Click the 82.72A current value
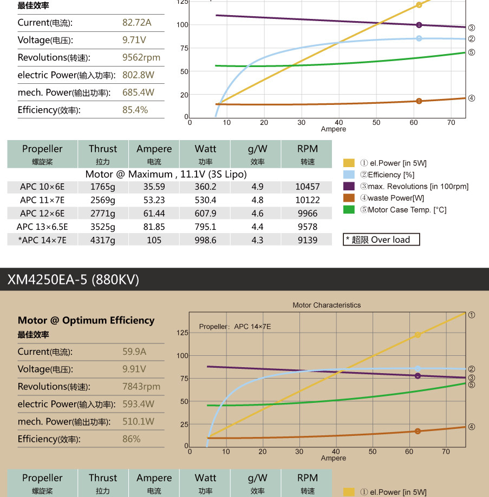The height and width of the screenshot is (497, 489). click(137, 23)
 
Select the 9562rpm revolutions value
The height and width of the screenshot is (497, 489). click(141, 57)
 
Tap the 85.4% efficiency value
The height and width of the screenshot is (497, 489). click(135, 110)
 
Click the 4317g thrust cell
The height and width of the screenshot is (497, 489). click(103, 240)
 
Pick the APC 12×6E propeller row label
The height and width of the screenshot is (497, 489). click(42, 213)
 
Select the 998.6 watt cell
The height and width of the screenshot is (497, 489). click(205, 240)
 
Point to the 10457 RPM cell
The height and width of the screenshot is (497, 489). click(308, 187)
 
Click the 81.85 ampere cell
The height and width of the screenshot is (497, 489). click(154, 227)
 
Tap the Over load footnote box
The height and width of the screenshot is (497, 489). click(382, 240)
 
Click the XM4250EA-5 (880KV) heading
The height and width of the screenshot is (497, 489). click(73, 280)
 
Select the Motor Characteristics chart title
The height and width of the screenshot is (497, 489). click(327, 305)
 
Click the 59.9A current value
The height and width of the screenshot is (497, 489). click(134, 352)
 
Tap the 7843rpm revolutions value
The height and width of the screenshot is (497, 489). click(141, 386)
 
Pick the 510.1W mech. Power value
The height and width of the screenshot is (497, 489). click(138, 421)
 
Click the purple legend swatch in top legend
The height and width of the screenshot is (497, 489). click(349, 187)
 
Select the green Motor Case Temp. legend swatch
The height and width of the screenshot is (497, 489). click(349, 210)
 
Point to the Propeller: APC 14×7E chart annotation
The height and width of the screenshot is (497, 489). click(235, 327)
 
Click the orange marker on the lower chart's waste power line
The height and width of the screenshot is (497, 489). click(418, 431)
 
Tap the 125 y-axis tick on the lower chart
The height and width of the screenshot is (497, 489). click(182, 333)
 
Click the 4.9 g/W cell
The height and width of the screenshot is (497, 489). click(257, 187)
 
